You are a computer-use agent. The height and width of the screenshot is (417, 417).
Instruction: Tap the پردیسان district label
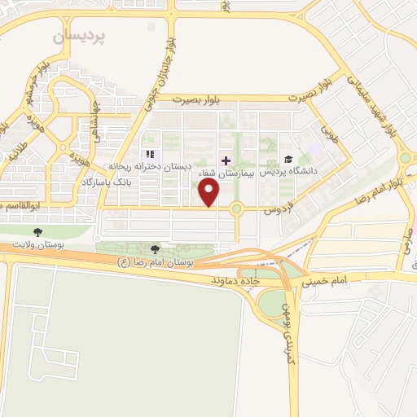point(80,37)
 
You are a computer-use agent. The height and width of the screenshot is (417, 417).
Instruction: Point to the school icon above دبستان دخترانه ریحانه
point(149,154)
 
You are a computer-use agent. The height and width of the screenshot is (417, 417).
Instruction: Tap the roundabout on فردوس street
point(237,209)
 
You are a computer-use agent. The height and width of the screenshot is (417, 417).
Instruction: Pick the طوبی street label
point(328,131)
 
